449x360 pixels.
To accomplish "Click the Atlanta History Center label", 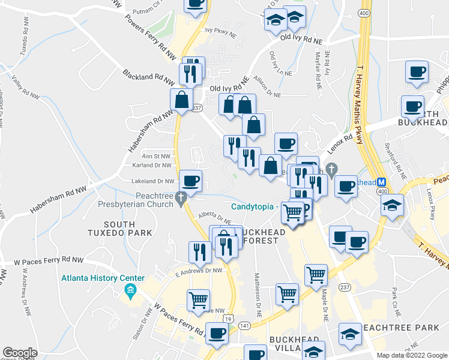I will click(x=103, y=278).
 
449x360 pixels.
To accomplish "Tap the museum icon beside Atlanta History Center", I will click(x=130, y=292).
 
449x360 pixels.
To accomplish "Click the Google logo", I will click(x=20, y=353).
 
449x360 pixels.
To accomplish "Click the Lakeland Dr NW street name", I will click(x=153, y=181).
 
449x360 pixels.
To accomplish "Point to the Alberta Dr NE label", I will click(x=215, y=219).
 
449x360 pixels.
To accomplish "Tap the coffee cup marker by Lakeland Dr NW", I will click(x=191, y=181).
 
